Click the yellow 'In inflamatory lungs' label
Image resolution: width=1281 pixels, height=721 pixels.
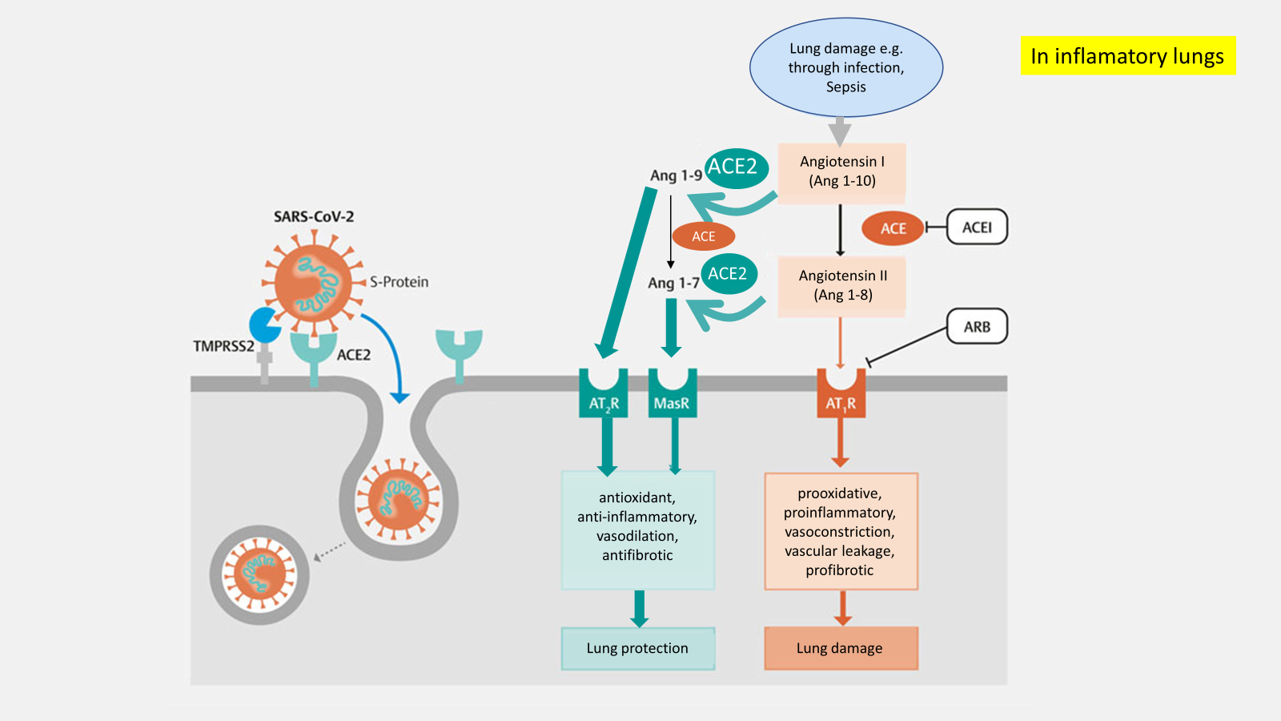pyautogui.click(x=1127, y=56)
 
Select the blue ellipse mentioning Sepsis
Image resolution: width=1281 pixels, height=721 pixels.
pyautogui.click(x=845, y=67)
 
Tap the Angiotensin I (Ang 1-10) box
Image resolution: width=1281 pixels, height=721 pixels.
pyautogui.click(x=841, y=171)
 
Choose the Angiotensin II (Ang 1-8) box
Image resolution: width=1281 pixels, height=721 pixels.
pyautogui.click(x=842, y=285)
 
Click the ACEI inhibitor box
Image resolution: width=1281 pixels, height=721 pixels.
pyautogui.click(x=977, y=228)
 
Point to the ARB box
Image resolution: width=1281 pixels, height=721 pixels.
pyautogui.click(x=977, y=327)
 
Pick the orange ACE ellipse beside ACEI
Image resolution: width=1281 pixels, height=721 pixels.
pyautogui.click(x=893, y=228)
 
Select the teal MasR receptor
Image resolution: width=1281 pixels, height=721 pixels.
pyautogui.click(x=672, y=394)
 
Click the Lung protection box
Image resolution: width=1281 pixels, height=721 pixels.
pyautogui.click(x=637, y=648)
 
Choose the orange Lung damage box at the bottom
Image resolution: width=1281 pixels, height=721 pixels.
pyautogui.click(x=840, y=648)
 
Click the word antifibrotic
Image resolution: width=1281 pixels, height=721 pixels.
pyautogui.click(x=637, y=555)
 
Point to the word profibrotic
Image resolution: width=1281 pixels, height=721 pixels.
pyautogui.click(x=840, y=570)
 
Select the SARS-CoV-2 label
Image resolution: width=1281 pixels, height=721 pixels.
pyautogui.click(x=314, y=217)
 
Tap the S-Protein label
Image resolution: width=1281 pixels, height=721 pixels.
pyautogui.click(x=399, y=282)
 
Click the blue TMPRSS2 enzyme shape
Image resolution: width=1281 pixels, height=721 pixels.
pyautogui.click(x=264, y=324)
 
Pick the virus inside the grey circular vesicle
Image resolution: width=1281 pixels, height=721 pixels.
pyautogui.click(x=259, y=574)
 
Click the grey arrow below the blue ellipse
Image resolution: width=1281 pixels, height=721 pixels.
pyautogui.click(x=839, y=131)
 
